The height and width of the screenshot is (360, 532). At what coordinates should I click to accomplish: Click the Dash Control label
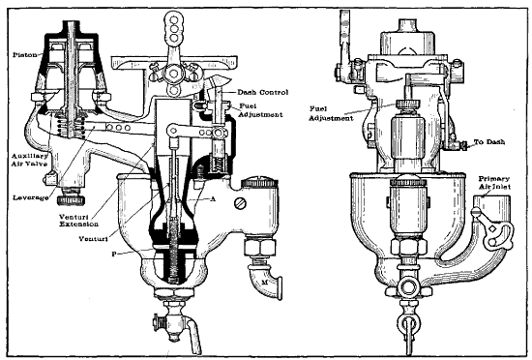click(259, 92)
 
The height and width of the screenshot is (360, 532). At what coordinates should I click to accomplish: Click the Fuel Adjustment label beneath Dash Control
click(259, 109)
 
